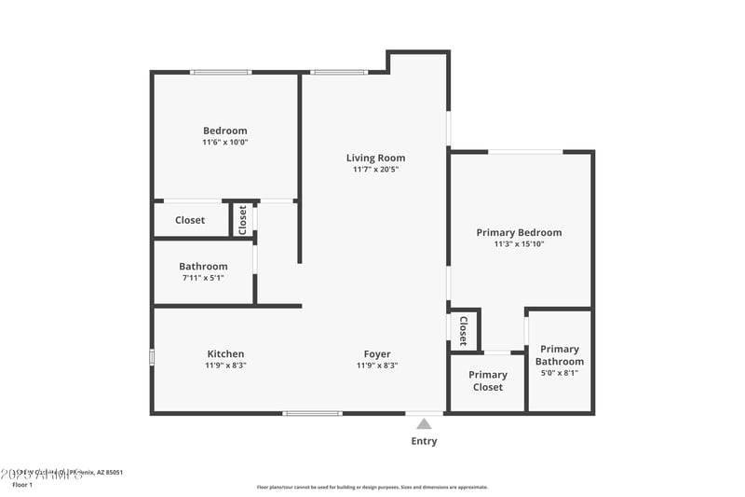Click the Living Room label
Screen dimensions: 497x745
tap(375, 158)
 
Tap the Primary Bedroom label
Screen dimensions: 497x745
tap(519, 232)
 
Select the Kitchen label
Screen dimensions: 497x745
tap(225, 353)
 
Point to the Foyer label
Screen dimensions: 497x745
tap(377, 353)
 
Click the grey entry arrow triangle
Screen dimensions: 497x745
tap(424, 423)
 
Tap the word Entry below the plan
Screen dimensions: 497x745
tap(424, 441)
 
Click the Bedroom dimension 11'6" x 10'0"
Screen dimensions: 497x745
tap(225, 143)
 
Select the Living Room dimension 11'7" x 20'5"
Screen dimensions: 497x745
tap(375, 170)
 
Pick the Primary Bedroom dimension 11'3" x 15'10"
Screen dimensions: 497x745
tap(519, 244)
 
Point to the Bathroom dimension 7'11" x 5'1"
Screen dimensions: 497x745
tap(203, 278)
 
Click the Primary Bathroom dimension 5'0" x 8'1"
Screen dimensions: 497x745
tap(560, 373)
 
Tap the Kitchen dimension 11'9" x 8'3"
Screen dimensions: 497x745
tap(225, 366)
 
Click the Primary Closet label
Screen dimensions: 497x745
tap(488, 380)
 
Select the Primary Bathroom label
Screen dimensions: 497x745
tap(560, 355)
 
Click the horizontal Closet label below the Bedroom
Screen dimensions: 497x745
tap(190, 220)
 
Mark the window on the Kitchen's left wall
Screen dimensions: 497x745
tap(152, 357)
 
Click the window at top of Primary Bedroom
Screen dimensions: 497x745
tap(525, 151)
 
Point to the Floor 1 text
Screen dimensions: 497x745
tap(22, 485)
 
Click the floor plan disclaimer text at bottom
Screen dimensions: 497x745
tap(372, 487)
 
